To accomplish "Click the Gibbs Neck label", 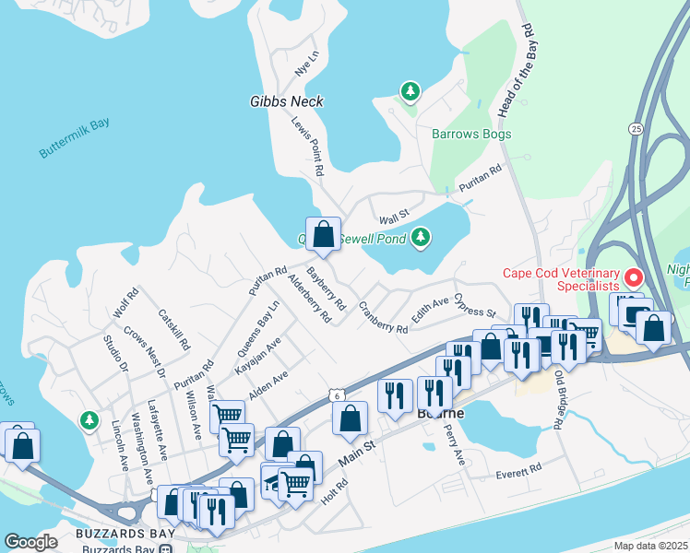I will pyautogui.click(x=286, y=101).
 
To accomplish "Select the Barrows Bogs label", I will pyautogui.click(x=471, y=134).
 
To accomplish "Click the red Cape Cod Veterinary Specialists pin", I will pyautogui.click(x=634, y=276).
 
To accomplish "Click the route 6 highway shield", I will pyautogui.click(x=337, y=394).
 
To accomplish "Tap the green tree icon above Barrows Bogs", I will pyautogui.click(x=410, y=91).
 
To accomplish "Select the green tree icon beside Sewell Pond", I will pyautogui.click(x=422, y=238).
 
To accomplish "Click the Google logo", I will pyautogui.click(x=30, y=542).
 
